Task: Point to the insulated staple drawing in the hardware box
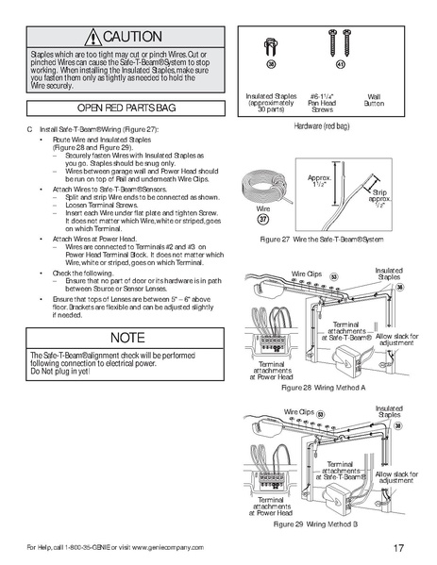point(271,41)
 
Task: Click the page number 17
point(400,548)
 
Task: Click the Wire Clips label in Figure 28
point(306,273)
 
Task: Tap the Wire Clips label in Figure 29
point(306,413)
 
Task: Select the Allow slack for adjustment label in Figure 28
point(395,339)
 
